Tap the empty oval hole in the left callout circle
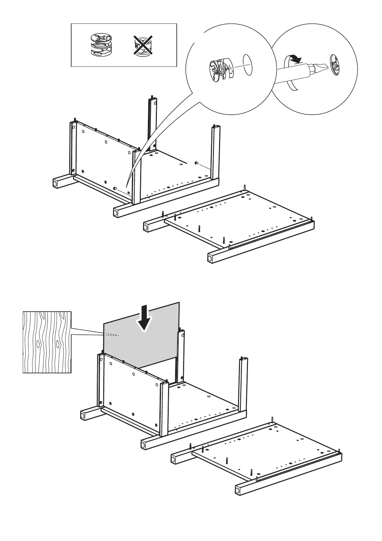pyautogui.click(x=248, y=64)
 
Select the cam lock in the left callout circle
pyautogui.click(x=221, y=70)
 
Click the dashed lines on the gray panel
pyautogui.click(x=112, y=335)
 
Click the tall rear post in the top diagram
pyautogui.click(x=153, y=122)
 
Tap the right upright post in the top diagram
pyautogui.click(x=215, y=151)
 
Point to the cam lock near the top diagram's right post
pyautogui.click(x=196, y=164)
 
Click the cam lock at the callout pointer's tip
pyautogui.click(x=115, y=188)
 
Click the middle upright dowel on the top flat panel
pyautogui.click(x=199, y=228)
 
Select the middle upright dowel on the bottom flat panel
pyautogui.click(x=227, y=461)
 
